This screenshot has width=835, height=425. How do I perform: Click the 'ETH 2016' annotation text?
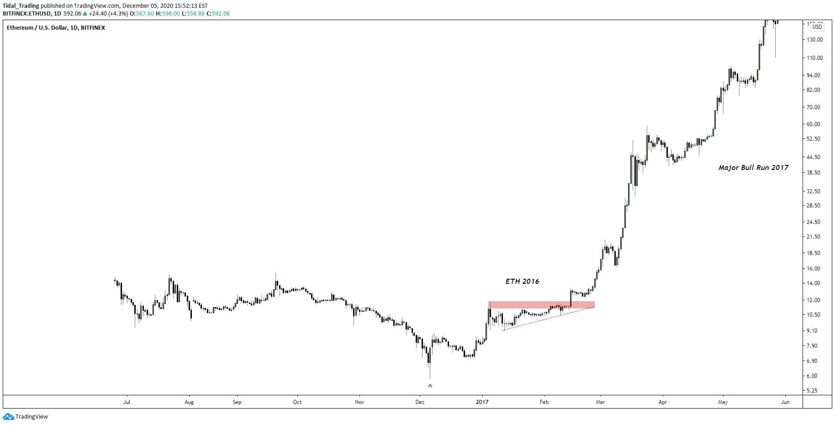coord(522,282)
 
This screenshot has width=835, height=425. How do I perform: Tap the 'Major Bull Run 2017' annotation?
coord(753,168)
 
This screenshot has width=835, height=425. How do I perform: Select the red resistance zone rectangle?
coord(541,304)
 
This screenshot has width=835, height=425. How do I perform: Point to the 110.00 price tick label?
coord(814,58)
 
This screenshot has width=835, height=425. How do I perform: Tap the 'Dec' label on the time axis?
coord(420,402)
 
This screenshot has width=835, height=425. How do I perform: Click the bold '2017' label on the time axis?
coord(482,402)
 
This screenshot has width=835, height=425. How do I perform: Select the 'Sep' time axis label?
coord(237,402)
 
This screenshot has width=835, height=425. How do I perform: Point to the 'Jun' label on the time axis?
coord(785,402)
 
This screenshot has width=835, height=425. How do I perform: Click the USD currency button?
coord(817,27)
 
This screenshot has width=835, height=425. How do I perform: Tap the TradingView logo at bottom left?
coord(26,417)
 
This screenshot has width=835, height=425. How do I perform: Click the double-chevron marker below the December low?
coord(430,386)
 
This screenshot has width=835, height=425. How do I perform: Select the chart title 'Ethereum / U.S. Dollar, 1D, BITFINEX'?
coord(56,28)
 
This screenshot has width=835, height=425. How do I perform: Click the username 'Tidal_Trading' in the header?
coord(21,6)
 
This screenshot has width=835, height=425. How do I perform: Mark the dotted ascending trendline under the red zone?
coord(548,319)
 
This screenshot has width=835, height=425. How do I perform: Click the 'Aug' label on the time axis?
coord(189,402)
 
